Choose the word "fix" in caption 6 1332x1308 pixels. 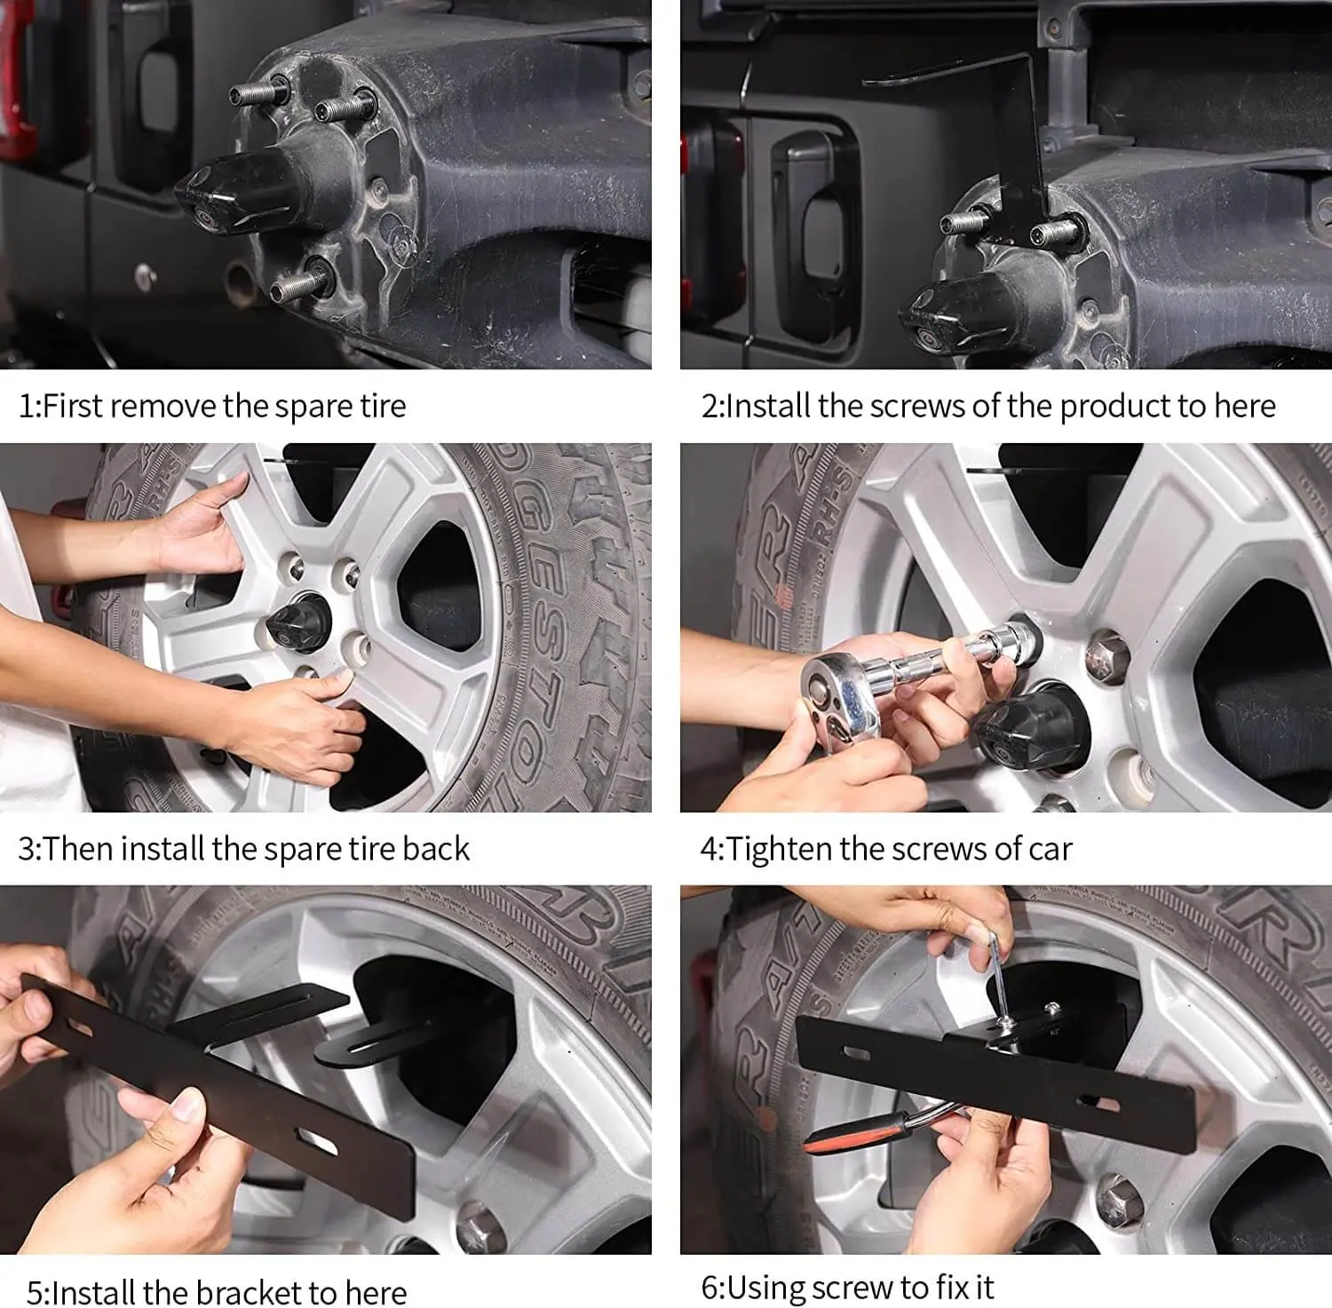(x=949, y=1287)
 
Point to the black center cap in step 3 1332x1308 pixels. (x=289, y=617)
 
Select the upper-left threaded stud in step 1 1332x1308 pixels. (x=258, y=91)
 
